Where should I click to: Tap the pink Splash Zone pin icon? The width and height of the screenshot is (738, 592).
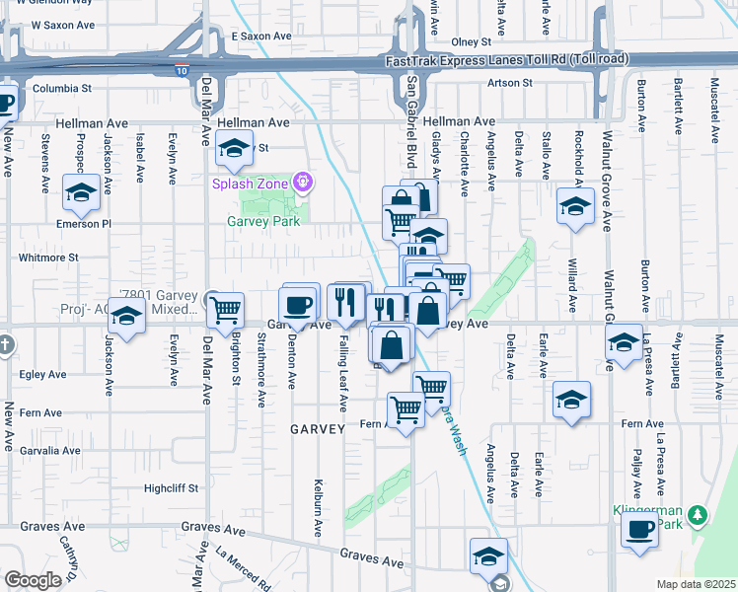(303, 182)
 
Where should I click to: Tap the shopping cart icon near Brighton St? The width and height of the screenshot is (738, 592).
(226, 310)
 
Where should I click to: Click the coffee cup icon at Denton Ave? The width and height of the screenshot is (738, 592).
(299, 304)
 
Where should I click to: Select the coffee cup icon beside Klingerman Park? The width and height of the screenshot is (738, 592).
(639, 529)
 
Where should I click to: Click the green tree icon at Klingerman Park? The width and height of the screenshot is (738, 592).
(698, 515)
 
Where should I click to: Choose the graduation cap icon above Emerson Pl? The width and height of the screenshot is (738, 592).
(80, 192)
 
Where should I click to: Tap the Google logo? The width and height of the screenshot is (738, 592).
(33, 580)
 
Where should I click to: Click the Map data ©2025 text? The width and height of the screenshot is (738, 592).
(696, 584)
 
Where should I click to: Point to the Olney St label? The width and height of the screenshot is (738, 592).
(471, 42)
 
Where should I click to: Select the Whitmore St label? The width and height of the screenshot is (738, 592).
(47, 258)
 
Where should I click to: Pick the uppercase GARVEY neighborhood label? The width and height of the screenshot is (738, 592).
(317, 429)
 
